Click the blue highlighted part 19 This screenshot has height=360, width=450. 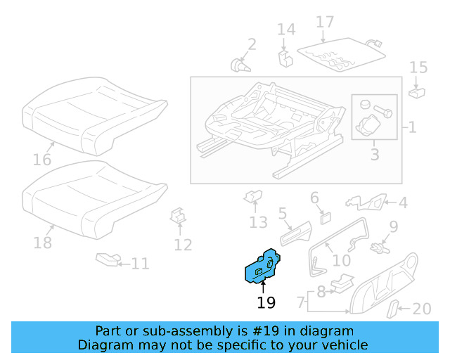(x=262, y=266)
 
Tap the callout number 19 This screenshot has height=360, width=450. (x=266, y=303)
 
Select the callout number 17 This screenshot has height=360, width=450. (x=324, y=22)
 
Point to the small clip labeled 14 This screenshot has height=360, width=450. (x=285, y=56)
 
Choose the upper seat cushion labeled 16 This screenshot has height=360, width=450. (x=94, y=115)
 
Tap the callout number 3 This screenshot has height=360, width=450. (x=374, y=153)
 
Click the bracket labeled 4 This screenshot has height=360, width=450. (x=368, y=202)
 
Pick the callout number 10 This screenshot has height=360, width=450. (x=341, y=260)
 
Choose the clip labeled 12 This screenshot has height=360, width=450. (x=179, y=218)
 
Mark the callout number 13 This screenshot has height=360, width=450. (x=258, y=223)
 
